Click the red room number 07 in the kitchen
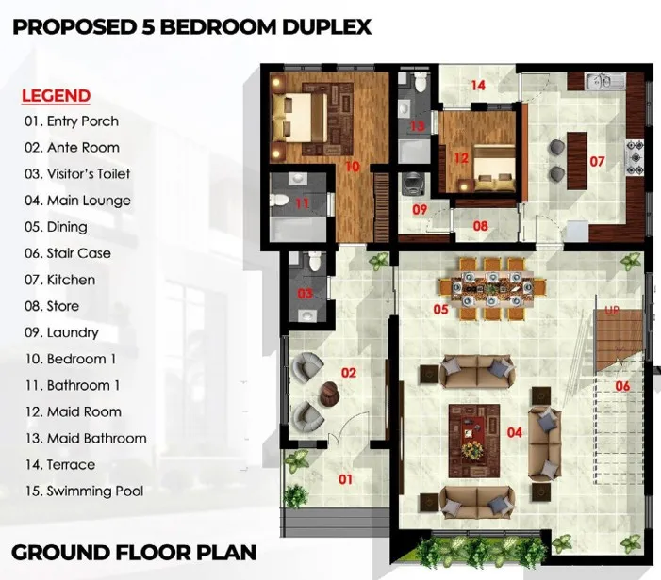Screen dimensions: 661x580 [597, 161]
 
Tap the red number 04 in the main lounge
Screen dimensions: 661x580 [514, 432]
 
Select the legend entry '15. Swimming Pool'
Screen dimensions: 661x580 [84, 491]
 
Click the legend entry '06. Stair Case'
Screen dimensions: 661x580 [68, 253]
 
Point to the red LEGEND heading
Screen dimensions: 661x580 [56, 96]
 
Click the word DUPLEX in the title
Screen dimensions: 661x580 [326, 27]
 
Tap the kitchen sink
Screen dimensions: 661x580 [604, 81]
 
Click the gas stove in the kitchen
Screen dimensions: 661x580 [635, 157]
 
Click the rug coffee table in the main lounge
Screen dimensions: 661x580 [474, 441]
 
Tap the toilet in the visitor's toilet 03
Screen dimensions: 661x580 [314, 262]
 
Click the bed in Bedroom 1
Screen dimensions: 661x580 [300, 118]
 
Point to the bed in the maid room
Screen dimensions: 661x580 [494, 169]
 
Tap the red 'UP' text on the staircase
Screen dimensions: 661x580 [612, 311]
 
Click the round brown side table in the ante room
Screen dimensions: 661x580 [330, 394]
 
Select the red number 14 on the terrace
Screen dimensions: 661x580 [478, 86]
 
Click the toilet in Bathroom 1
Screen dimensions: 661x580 [279, 201]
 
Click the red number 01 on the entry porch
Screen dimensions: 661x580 [345, 479]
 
